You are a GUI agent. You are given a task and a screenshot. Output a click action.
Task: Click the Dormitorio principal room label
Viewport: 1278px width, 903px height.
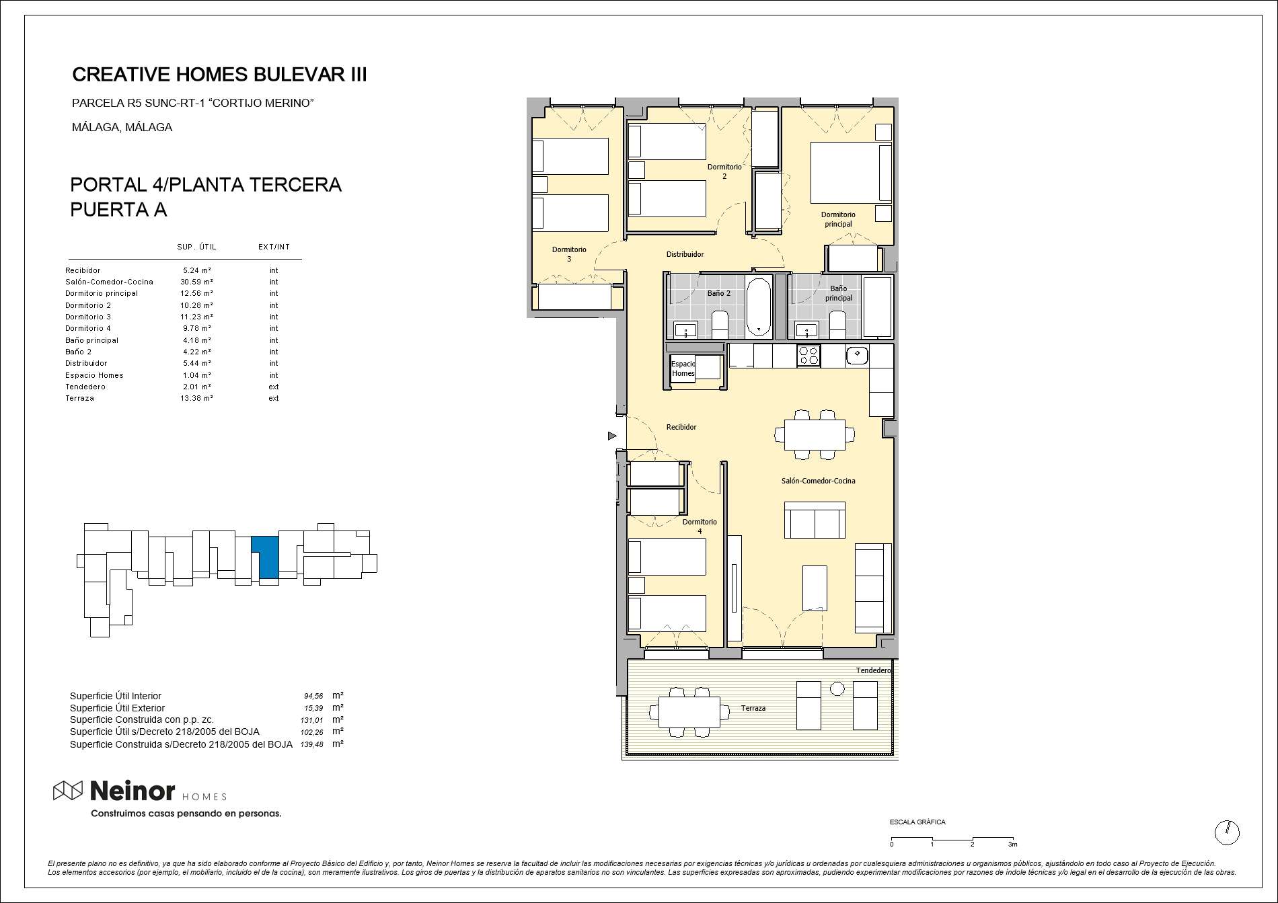pos(838,219)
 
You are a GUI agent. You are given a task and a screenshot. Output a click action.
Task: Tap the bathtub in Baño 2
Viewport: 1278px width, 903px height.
pos(759,307)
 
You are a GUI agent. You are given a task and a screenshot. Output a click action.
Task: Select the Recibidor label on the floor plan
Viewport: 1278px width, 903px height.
pos(681,427)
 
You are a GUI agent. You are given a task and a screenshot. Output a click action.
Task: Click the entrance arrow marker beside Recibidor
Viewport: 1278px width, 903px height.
pos(612,436)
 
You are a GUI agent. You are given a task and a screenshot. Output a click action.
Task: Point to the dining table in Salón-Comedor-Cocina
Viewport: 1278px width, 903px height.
pos(815,434)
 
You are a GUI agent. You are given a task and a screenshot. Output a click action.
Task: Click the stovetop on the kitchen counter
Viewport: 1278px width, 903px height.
pos(809,356)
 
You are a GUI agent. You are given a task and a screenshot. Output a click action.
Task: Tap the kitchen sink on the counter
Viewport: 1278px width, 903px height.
pos(857,354)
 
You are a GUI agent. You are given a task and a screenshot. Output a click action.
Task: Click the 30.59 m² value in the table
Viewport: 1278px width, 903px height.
pos(196,282)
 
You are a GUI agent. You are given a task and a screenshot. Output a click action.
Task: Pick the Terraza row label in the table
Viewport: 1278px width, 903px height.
pos(79,398)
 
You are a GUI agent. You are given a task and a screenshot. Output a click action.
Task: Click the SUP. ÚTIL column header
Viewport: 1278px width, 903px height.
pos(196,247)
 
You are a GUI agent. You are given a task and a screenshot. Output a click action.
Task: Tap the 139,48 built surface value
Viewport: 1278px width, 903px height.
pos(312,744)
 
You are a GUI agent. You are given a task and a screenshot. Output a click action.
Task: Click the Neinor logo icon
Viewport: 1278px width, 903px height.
pos(68,791)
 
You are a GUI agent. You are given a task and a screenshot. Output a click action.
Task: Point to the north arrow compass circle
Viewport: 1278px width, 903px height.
pos(1227,832)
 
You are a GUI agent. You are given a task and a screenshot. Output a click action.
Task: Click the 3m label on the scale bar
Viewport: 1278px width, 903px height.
pos(1012,845)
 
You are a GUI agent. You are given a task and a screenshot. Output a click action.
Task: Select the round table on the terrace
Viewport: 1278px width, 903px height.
pos(837,689)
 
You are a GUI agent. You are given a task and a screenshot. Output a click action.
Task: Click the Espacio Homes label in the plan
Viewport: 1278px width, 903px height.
pos(683,368)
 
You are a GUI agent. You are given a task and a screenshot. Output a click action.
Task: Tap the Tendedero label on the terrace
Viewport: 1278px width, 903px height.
pos(874,670)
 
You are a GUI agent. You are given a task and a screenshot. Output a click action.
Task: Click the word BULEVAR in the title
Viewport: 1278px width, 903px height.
pos(294,75)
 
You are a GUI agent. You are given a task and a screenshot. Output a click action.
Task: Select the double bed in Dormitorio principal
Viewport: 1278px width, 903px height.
pos(851,172)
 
